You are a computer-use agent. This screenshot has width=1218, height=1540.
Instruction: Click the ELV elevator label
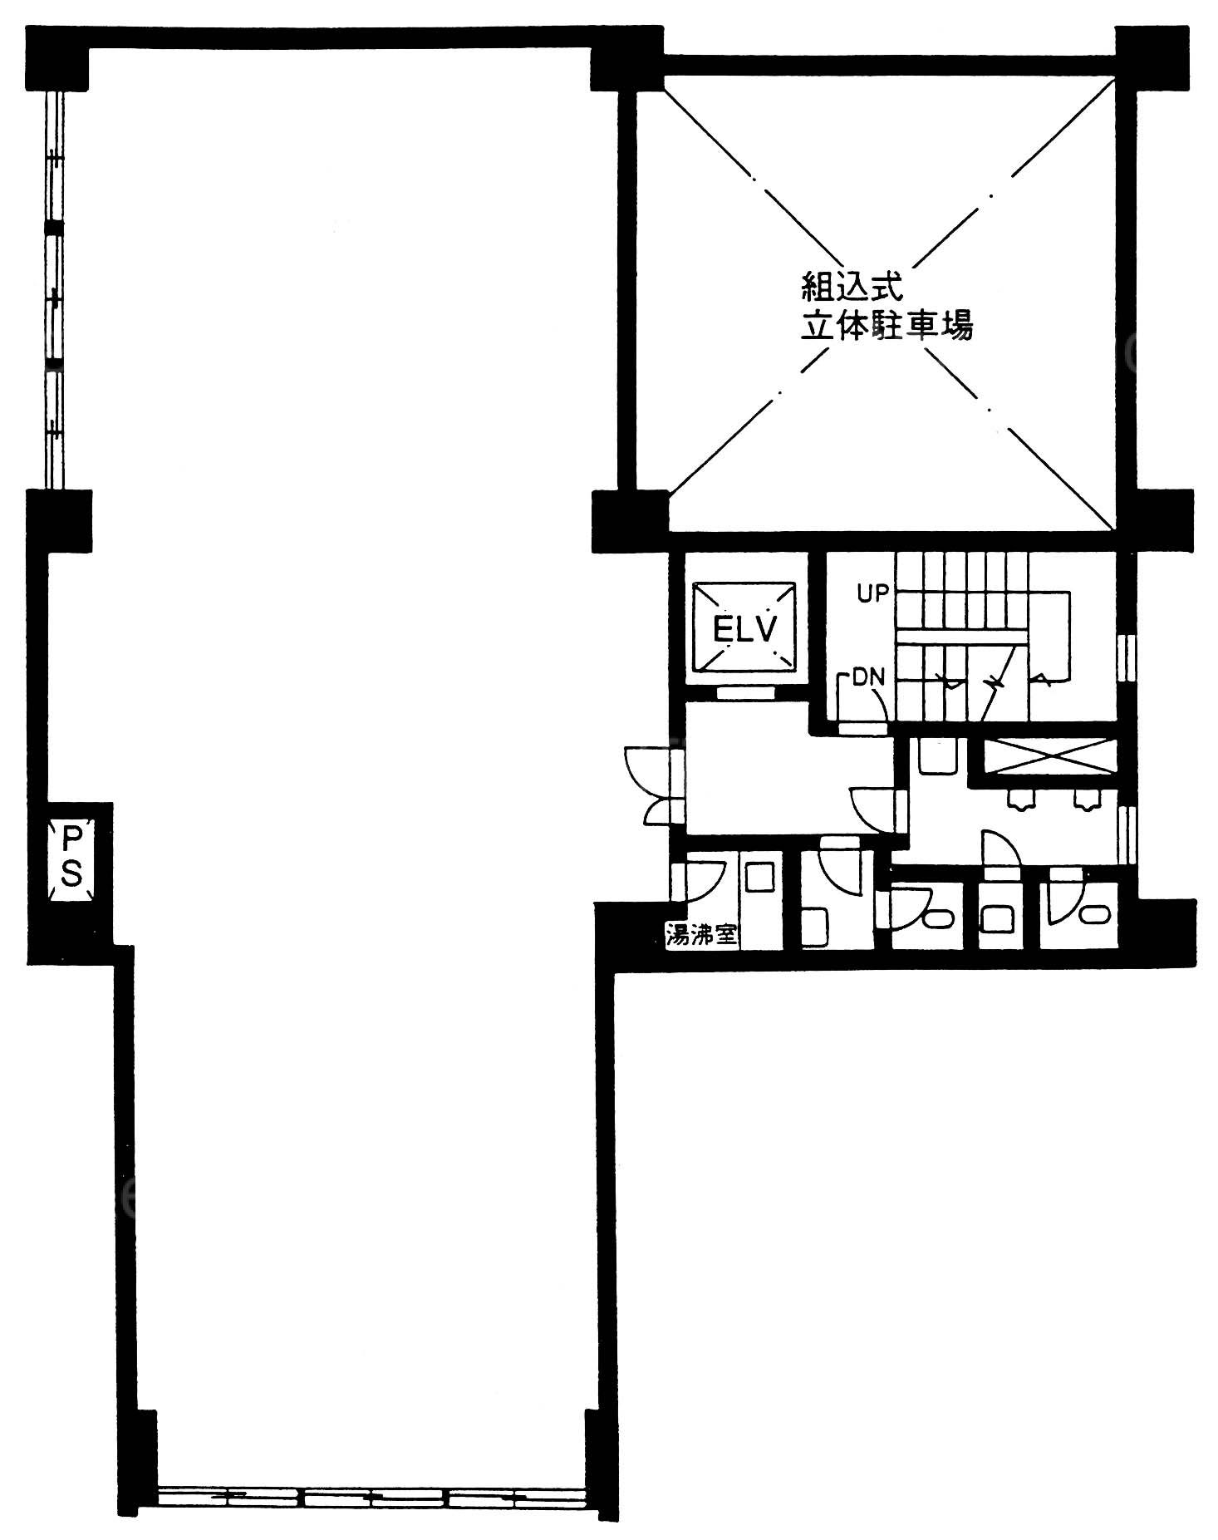pyautogui.click(x=744, y=629)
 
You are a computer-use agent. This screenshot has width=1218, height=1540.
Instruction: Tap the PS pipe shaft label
pyautogui.click(x=71, y=856)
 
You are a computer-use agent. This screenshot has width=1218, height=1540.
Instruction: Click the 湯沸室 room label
pyautogui.click(x=702, y=935)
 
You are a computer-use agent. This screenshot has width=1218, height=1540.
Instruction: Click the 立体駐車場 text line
pyautogui.click(x=886, y=326)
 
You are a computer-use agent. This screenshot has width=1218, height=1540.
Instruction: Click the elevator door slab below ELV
pyautogui.click(x=744, y=691)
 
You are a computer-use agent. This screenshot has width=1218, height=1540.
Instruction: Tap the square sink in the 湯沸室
pyautogui.click(x=760, y=877)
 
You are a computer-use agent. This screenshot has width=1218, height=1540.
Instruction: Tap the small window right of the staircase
pyautogui.click(x=1127, y=657)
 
